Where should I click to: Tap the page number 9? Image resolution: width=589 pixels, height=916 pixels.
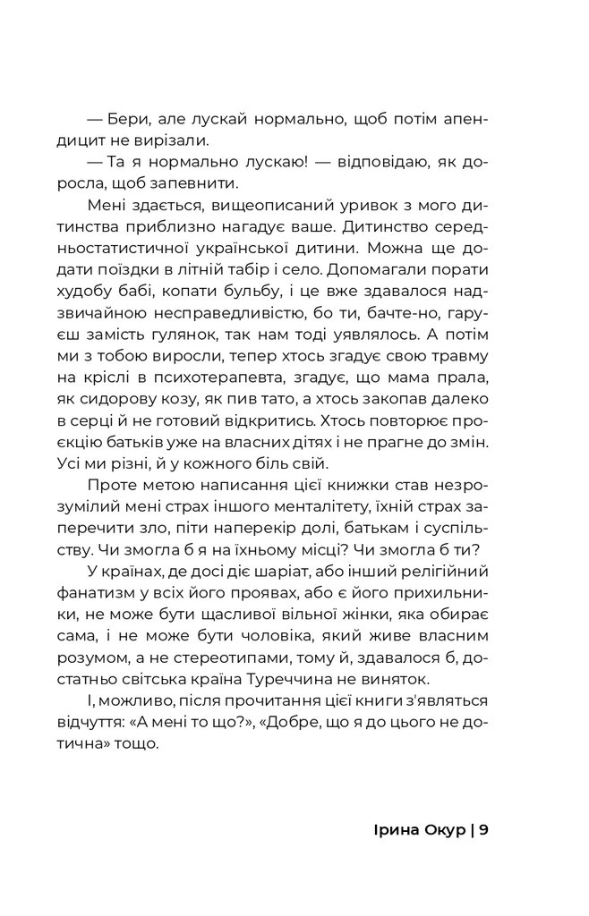[483, 830]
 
